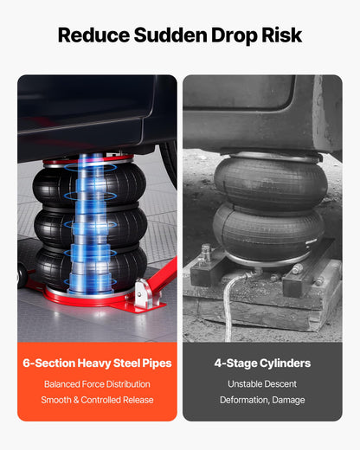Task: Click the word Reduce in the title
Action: pyautogui.click(x=93, y=35)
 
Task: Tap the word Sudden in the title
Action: pyautogui.click(x=170, y=35)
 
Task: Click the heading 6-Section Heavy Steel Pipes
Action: pyautogui.click(x=97, y=363)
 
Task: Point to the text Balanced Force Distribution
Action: pyautogui.click(x=97, y=384)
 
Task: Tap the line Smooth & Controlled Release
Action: pyautogui.click(x=97, y=400)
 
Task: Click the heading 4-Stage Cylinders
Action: pyautogui.click(x=262, y=363)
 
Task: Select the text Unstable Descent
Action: pyautogui.click(x=262, y=384)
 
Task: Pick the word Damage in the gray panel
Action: pyautogui.click(x=288, y=401)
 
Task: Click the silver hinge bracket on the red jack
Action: pyautogui.click(x=144, y=293)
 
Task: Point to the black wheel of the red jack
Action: pyautogui.click(x=22, y=275)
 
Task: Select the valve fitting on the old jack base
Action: pyautogui.click(x=206, y=253)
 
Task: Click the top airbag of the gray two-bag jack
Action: pyautogui.click(x=271, y=182)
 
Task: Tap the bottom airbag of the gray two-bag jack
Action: pyautogui.click(x=268, y=231)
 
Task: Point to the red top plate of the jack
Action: pyautogui.click(x=88, y=159)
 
